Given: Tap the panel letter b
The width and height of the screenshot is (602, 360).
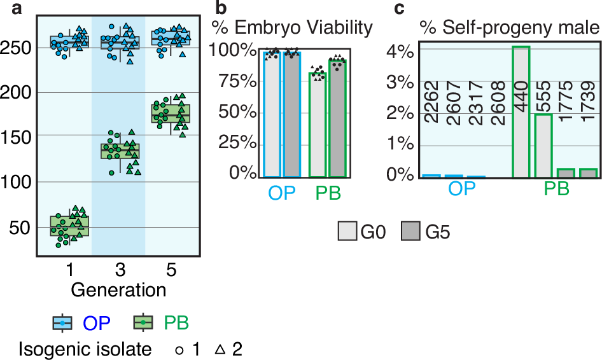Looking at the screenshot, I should tap(220, 8).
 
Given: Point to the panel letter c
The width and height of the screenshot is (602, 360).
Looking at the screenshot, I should tap(400, 8).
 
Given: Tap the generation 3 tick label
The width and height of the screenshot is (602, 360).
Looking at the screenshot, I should tap(119, 270).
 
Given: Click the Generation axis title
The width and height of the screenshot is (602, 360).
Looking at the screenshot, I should tap(118, 290).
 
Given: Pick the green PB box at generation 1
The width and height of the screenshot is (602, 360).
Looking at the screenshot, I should tap(70, 226).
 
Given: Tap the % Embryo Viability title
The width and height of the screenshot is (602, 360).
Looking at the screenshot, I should tap(292, 28).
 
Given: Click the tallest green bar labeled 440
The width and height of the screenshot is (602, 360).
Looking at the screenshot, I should tap(521, 111).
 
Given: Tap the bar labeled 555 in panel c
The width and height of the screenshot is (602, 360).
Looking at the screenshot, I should tap(543, 145).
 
